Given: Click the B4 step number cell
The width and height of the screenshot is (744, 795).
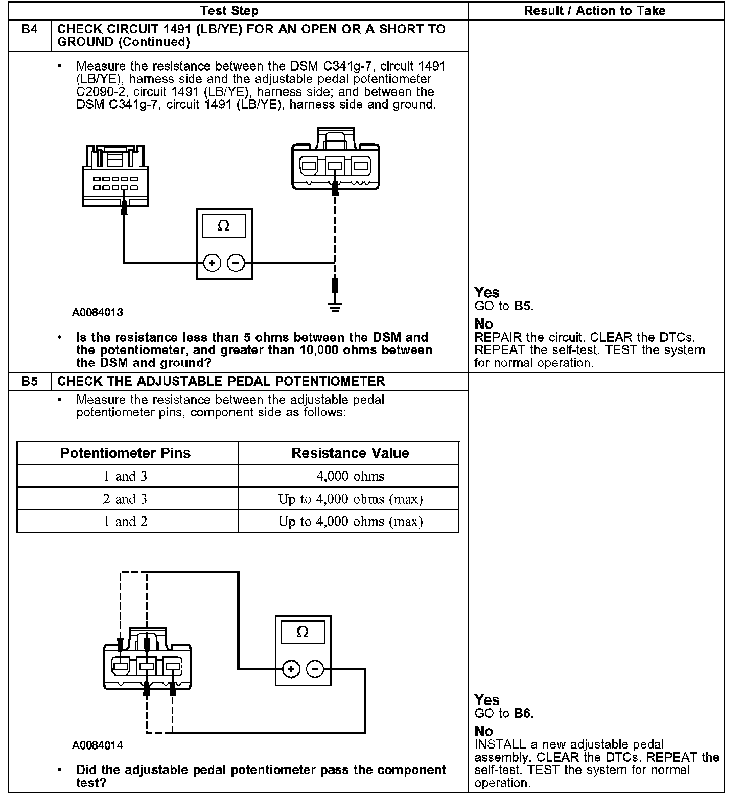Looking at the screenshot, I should (x=30, y=30).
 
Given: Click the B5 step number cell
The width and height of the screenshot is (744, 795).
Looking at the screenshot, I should (x=30, y=382).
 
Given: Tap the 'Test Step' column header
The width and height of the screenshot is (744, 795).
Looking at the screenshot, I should (x=229, y=11).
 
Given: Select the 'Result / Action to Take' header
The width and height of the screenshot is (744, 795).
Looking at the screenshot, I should (x=595, y=11).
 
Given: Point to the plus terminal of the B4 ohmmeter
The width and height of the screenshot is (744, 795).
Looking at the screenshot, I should (x=212, y=263).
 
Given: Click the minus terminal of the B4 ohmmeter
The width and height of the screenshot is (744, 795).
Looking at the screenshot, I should (x=236, y=263).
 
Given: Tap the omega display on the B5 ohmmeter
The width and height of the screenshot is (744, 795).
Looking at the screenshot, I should (x=303, y=633).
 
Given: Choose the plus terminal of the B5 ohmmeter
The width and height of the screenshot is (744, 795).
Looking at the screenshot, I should (x=291, y=669).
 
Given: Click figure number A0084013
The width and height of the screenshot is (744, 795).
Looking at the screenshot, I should (x=97, y=312).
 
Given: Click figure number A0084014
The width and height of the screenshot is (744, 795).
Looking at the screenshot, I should (x=97, y=745).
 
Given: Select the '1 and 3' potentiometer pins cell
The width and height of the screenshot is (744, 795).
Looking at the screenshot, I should (x=126, y=476).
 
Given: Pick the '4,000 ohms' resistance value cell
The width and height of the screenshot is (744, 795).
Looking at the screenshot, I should (x=350, y=476).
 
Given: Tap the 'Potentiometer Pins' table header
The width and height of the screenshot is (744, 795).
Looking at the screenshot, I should (x=126, y=453).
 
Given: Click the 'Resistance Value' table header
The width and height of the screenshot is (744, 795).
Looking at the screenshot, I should (x=350, y=453).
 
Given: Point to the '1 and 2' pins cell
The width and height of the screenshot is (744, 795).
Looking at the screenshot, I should (x=126, y=522).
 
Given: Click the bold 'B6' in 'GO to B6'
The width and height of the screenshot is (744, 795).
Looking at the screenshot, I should (x=523, y=713).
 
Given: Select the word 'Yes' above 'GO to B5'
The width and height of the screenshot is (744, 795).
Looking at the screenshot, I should (x=487, y=293).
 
